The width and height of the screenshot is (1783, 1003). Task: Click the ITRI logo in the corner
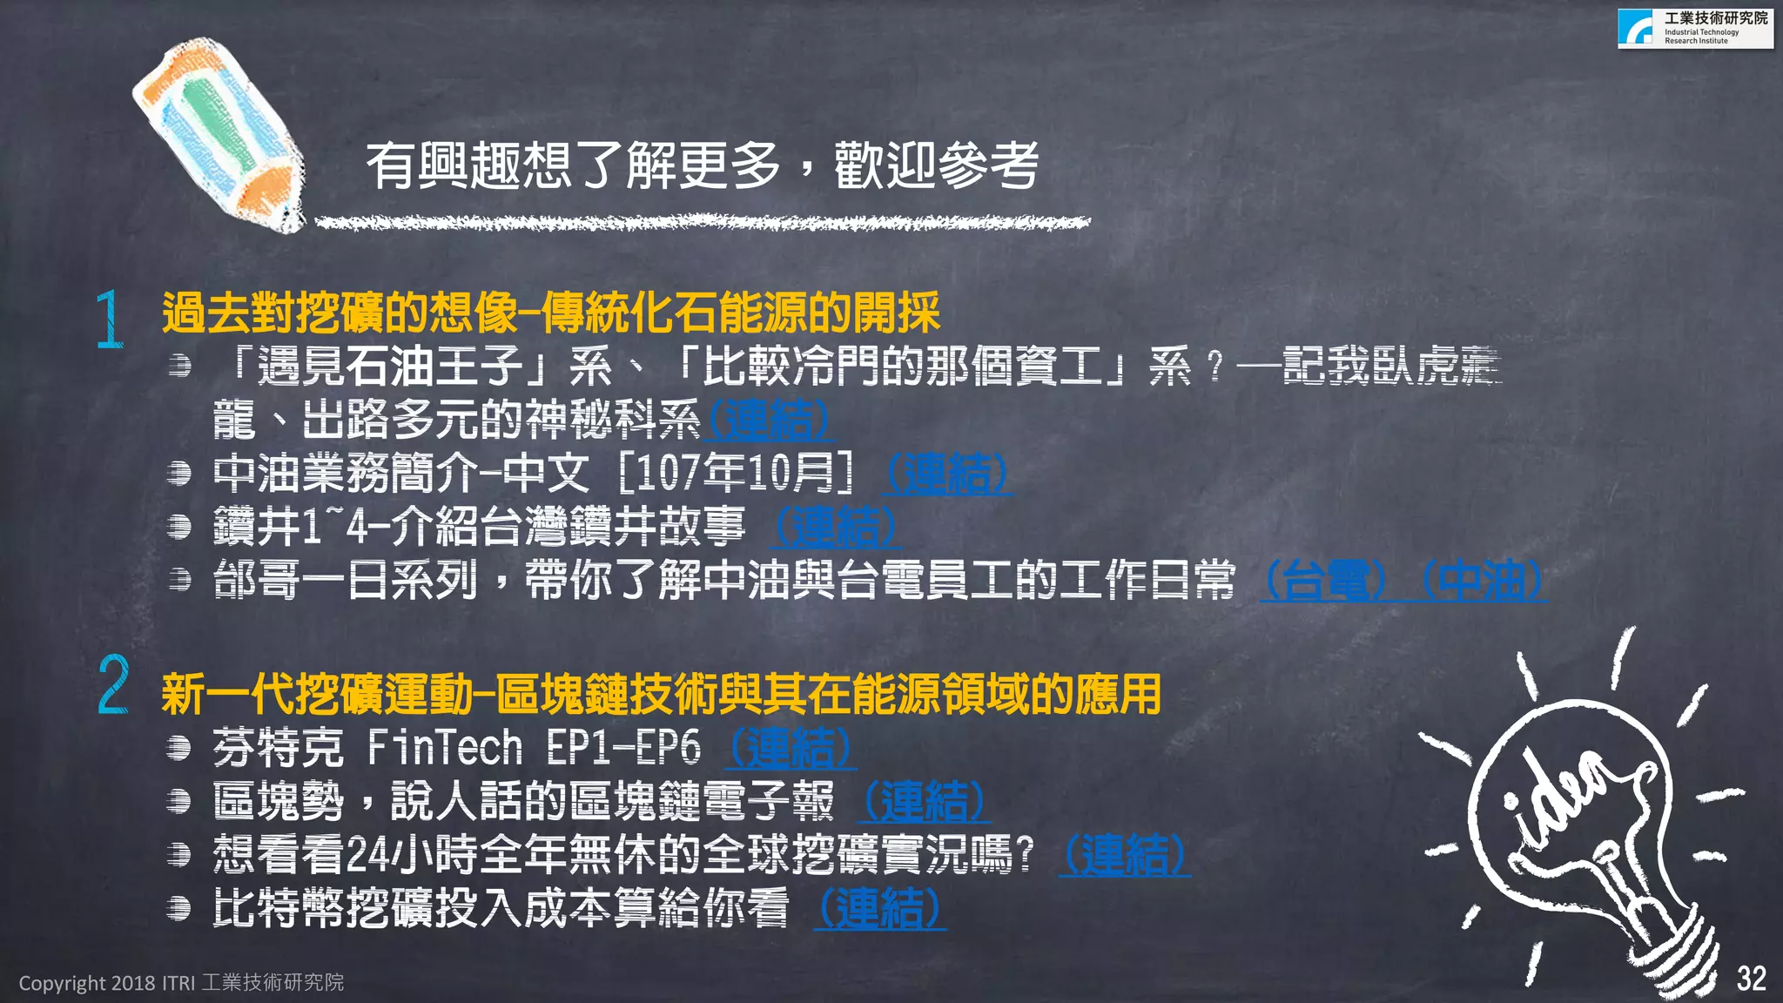1694,28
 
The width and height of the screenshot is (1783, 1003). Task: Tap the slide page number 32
1751,979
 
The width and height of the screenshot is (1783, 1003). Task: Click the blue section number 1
110,320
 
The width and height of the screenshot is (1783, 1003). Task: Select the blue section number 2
113,685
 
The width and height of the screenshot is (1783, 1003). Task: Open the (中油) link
1482,581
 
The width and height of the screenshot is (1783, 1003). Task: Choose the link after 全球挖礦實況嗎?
1124,854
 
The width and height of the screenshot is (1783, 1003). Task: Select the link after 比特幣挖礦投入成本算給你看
879,908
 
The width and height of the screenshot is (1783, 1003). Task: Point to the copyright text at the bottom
181,982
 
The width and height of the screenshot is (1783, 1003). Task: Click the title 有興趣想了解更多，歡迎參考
702,165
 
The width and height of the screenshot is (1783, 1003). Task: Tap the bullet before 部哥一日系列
179,580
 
